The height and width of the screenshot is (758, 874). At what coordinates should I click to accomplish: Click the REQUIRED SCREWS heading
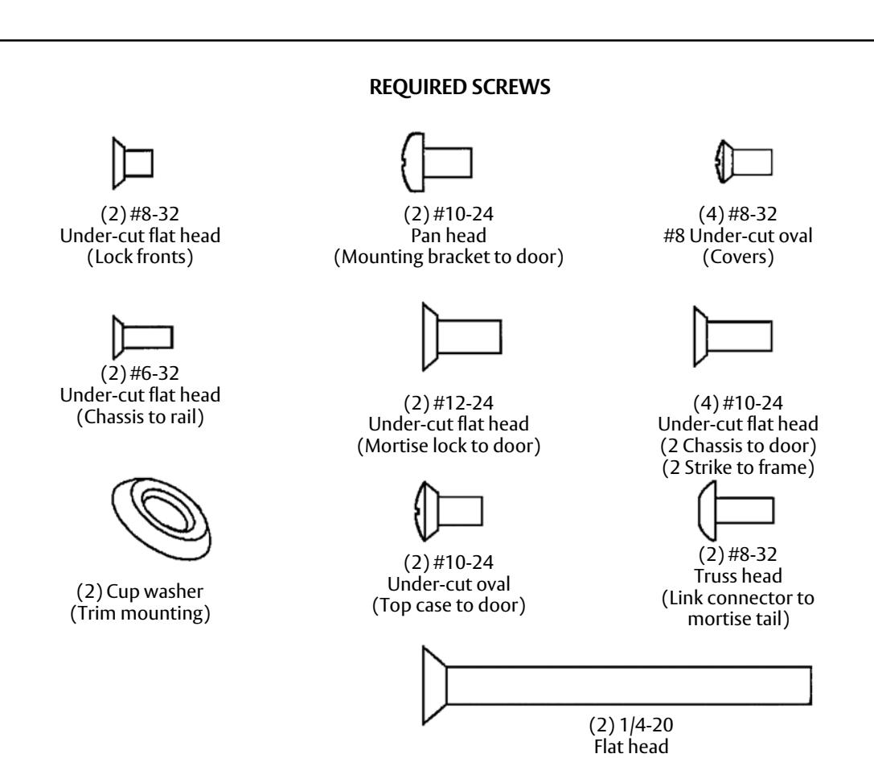(x=460, y=88)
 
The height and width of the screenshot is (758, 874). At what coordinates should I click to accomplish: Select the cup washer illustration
(x=161, y=518)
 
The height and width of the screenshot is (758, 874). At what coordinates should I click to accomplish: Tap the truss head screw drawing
(x=737, y=510)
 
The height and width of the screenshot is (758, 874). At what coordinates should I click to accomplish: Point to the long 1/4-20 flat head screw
(x=617, y=685)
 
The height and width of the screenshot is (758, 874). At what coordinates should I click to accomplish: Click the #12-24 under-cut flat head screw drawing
(x=462, y=337)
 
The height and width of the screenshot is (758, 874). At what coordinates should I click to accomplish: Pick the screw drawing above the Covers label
(x=744, y=162)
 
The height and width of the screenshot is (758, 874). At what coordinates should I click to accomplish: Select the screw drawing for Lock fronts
(x=133, y=163)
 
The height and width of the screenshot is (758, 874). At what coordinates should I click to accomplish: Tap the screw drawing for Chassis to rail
(x=142, y=337)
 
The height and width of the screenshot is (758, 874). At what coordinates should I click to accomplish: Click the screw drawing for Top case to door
(x=448, y=511)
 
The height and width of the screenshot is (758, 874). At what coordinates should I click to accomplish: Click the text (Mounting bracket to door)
(x=449, y=257)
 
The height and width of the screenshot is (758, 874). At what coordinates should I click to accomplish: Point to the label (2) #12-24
(x=449, y=402)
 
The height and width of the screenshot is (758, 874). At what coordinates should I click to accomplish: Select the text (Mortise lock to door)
(x=449, y=446)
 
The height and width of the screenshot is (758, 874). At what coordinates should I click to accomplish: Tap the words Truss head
(x=738, y=575)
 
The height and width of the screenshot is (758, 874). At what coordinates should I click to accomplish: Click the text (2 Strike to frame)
(x=738, y=468)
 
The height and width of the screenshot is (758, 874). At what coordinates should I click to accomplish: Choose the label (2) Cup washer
(x=140, y=591)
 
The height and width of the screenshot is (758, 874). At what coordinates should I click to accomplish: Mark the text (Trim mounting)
(x=140, y=613)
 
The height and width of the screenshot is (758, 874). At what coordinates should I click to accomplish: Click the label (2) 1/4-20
(x=631, y=724)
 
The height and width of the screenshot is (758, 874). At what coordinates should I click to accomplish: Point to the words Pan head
(x=449, y=236)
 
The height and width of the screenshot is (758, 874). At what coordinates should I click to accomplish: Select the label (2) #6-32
(x=140, y=373)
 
